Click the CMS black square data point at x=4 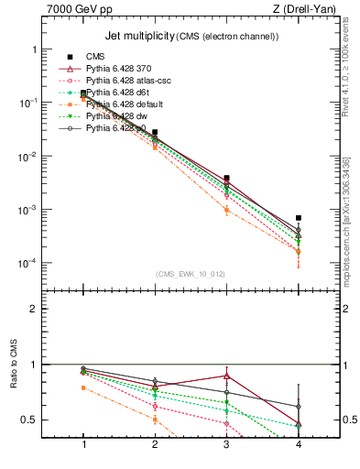298,218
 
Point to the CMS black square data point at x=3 226,178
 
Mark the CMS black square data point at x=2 155,133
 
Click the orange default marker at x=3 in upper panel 226,210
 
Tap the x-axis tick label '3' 226,444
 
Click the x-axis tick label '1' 83,444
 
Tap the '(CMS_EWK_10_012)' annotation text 190,274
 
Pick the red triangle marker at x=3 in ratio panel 226,376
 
